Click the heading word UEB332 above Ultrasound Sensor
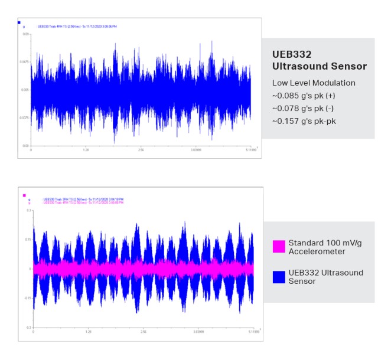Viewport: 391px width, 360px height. pos(289,54)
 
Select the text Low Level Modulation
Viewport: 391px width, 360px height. pos(314,83)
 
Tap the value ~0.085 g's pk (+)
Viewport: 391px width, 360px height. pos(304,96)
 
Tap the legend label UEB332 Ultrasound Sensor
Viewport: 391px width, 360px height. pos(317,277)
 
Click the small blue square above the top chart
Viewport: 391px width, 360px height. pos(19,22)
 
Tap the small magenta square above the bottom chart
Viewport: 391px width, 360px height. pos(24,195)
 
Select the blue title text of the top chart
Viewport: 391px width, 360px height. pos(77,27)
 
